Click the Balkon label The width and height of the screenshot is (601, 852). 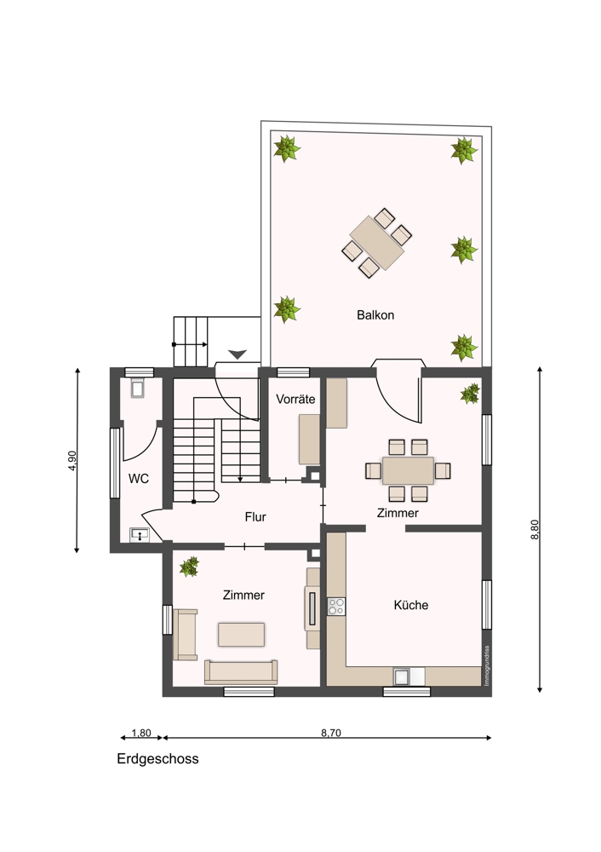(x=375, y=315)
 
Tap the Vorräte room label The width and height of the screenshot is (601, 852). (x=295, y=399)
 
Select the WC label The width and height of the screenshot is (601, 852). (x=139, y=479)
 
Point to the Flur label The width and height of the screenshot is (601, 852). (x=255, y=517)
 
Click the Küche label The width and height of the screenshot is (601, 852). (x=411, y=605)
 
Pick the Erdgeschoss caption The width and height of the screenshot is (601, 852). (x=157, y=759)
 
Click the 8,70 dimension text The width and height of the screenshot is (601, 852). (x=331, y=733)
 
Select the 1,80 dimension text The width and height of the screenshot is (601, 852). (x=141, y=733)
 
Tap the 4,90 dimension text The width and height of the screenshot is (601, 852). (x=72, y=461)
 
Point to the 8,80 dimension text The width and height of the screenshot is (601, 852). (x=535, y=529)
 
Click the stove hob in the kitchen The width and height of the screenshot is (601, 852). (x=336, y=607)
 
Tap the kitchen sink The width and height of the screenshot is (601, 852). (x=404, y=676)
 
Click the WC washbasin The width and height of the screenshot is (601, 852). (x=140, y=535)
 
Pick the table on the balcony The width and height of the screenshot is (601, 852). (x=377, y=243)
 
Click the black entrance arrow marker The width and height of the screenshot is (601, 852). (x=238, y=354)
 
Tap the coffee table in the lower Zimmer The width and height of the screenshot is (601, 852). (x=242, y=635)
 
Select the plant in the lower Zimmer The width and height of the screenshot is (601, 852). (x=190, y=567)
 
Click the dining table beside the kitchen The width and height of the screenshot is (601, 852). (x=409, y=470)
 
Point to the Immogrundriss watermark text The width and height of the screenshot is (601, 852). (x=487, y=665)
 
